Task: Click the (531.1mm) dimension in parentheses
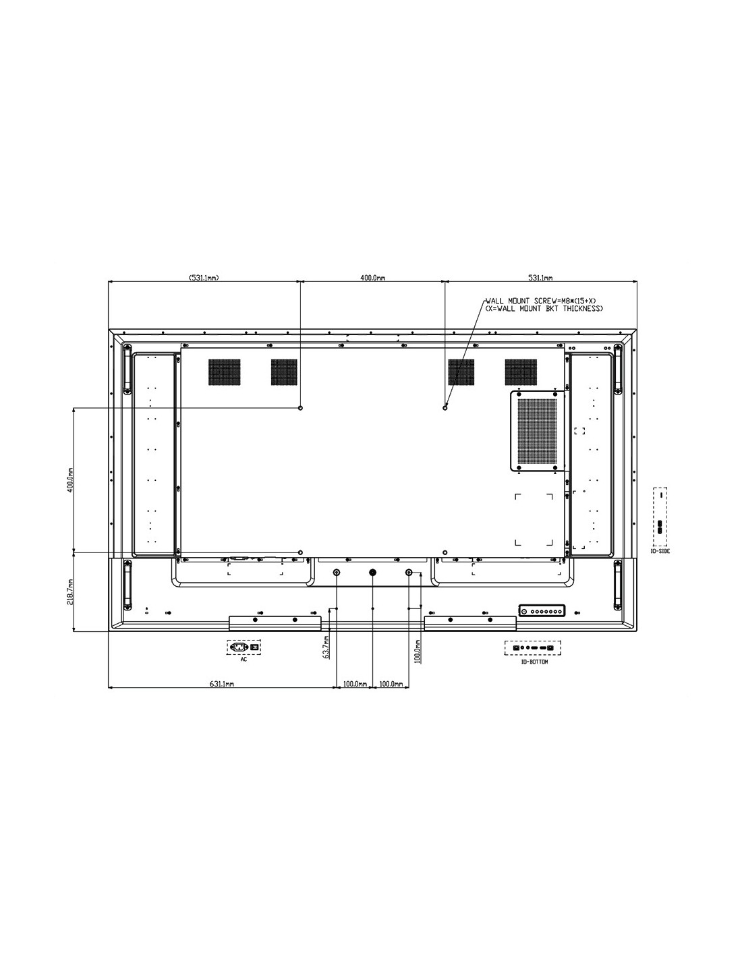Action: tap(204, 278)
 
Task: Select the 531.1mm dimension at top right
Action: tap(540, 278)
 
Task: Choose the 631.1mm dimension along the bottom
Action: tap(221, 684)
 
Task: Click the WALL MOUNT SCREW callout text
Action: tap(543, 305)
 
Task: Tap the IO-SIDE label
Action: tap(660, 552)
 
